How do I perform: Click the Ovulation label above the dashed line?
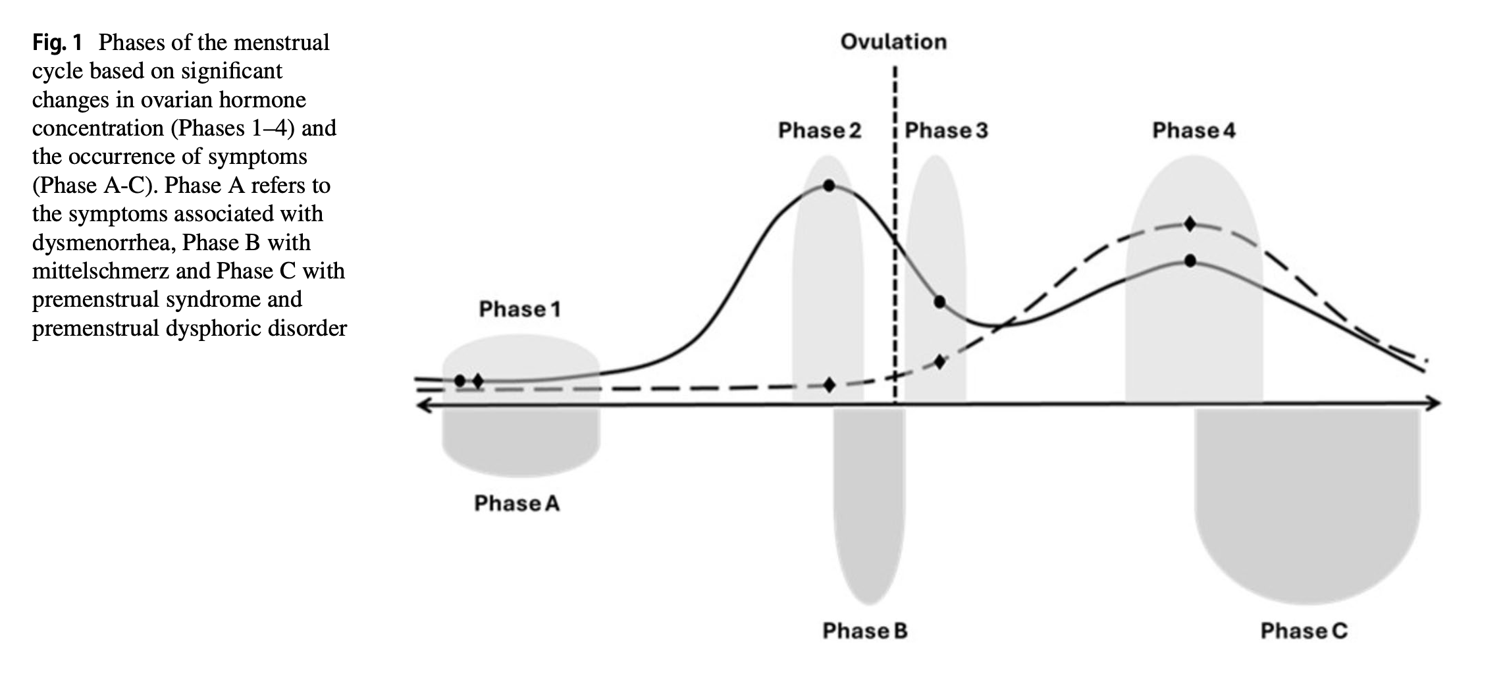tap(893, 42)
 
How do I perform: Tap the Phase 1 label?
tap(520, 309)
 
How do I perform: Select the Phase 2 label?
tap(820, 130)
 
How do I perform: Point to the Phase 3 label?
tap(946, 130)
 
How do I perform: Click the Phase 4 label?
tap(1194, 130)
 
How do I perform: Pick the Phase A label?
tap(517, 504)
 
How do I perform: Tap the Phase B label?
tap(865, 631)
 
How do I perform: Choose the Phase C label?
tap(1304, 631)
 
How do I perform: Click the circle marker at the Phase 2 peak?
tap(829, 186)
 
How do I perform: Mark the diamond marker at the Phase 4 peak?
tap(1190, 224)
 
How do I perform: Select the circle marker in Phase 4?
tap(1190, 261)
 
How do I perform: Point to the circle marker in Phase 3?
tap(939, 302)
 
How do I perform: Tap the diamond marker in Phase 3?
tap(940, 361)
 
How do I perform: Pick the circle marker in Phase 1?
tap(460, 380)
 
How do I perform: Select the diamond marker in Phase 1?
tap(478, 380)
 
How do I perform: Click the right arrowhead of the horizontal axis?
tap(1435, 404)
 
